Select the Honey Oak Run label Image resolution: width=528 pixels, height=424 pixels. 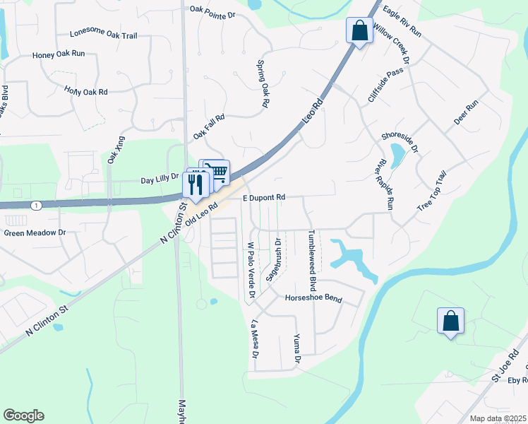pyautogui.click(x=59, y=54)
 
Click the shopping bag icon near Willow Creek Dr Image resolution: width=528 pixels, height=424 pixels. pyautogui.click(x=359, y=31)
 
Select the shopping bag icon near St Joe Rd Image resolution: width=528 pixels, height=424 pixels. pyautogui.click(x=450, y=322)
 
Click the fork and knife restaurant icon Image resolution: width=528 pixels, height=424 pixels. pyautogui.click(x=196, y=184)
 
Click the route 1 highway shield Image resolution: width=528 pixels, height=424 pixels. pyautogui.click(x=37, y=205)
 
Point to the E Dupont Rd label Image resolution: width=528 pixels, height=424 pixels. pyautogui.click(x=264, y=197)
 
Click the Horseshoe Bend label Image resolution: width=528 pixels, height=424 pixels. pyautogui.click(x=313, y=299)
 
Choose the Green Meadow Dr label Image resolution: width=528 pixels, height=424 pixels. pyautogui.click(x=35, y=232)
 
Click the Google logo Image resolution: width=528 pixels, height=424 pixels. pyautogui.click(x=23, y=416)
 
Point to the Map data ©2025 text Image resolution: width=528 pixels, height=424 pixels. pyautogui.click(x=497, y=418)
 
